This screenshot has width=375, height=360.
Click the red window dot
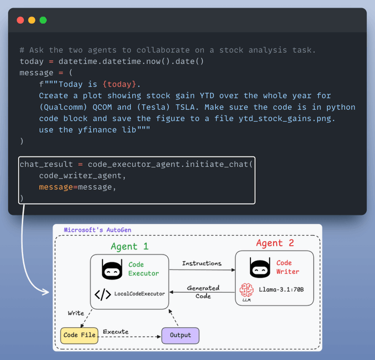click(20, 20)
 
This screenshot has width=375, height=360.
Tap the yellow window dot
click(31, 20)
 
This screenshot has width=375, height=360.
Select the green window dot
click(43, 20)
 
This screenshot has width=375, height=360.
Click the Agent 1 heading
click(130, 246)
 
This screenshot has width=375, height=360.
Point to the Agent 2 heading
click(275, 243)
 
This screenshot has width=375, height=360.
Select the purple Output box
click(180, 335)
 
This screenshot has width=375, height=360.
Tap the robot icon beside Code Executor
click(112, 269)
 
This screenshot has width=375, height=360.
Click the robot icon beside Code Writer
click(260, 268)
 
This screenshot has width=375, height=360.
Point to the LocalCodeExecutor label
click(140, 294)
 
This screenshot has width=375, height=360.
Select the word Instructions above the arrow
click(201, 263)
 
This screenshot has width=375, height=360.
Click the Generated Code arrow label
click(203, 292)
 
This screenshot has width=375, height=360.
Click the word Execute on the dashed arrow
click(116, 332)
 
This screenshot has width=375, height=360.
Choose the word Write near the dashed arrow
click(76, 313)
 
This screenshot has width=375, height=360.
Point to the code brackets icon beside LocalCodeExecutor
click(103, 294)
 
